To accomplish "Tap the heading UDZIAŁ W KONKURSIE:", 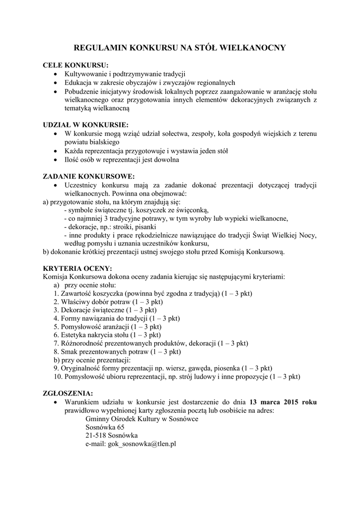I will point(85,125).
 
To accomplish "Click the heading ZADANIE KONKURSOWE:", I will point(88,176).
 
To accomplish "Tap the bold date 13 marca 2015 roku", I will point(283,402).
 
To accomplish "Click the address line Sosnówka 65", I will point(105,427).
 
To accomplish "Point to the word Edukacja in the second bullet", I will point(78,82).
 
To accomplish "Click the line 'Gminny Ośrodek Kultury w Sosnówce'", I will point(142,419).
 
